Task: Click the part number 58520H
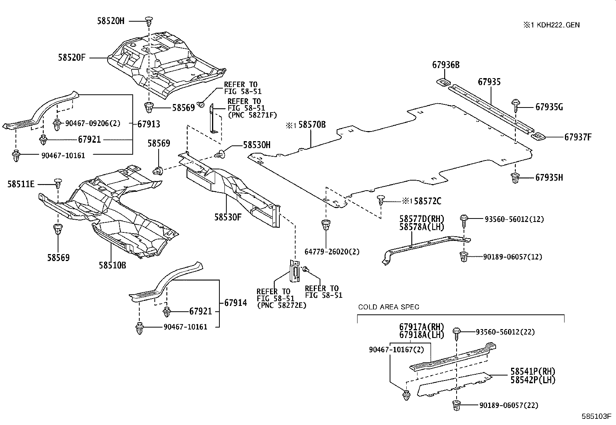111,21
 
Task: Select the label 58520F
72,58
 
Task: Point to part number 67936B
446,65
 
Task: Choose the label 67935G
549,107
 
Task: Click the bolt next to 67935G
515,103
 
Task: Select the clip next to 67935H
515,178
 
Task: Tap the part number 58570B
312,125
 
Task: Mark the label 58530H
257,145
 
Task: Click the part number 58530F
228,217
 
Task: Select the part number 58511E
21,184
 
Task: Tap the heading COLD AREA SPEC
388,307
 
